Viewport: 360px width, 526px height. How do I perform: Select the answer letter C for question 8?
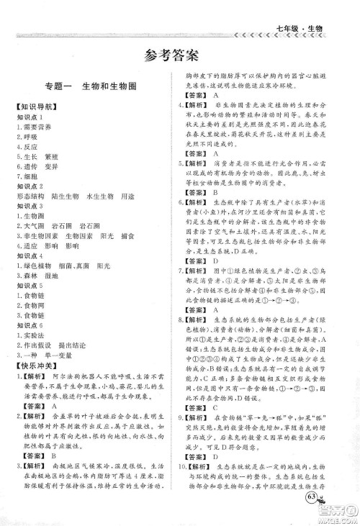point(215,388)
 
